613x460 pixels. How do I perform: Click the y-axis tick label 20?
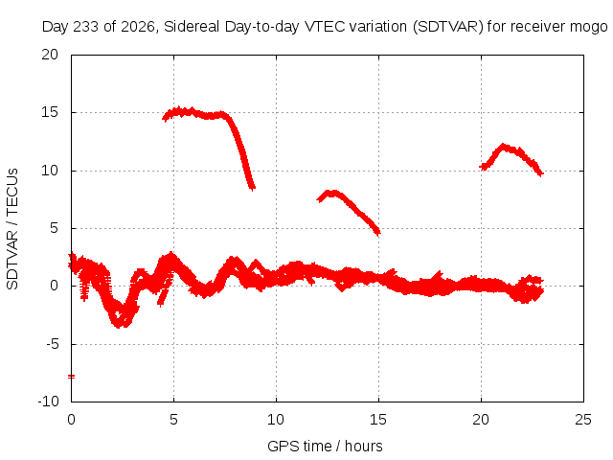(x=50, y=55)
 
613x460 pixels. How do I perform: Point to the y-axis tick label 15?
(x=50, y=112)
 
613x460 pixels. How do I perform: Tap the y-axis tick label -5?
(x=52, y=344)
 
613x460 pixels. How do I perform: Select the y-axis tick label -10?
(x=48, y=402)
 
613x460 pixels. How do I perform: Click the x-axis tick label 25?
(x=583, y=420)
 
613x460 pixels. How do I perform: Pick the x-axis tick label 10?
(x=276, y=420)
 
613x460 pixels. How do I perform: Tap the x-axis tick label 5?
(x=173, y=420)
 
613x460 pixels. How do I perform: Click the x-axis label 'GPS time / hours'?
(x=325, y=446)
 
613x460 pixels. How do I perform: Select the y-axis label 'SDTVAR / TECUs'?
(x=12, y=229)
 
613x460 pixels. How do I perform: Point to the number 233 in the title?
(x=85, y=27)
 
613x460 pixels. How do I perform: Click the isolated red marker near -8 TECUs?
(x=71, y=377)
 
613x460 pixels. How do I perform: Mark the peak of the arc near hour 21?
(x=503, y=147)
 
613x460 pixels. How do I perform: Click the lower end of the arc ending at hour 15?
(x=377, y=233)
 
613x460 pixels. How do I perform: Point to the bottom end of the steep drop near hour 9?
(x=253, y=188)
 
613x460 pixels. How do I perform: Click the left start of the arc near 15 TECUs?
(x=165, y=118)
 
